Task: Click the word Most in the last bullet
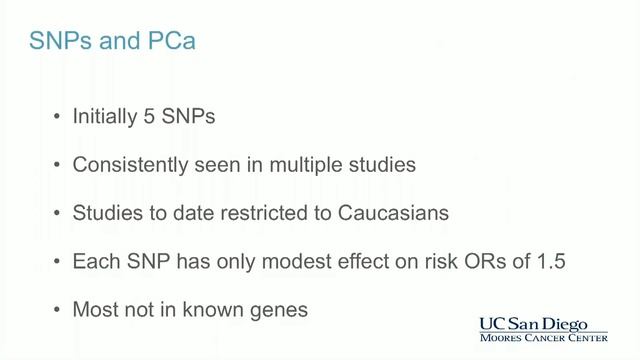[x=94, y=309]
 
